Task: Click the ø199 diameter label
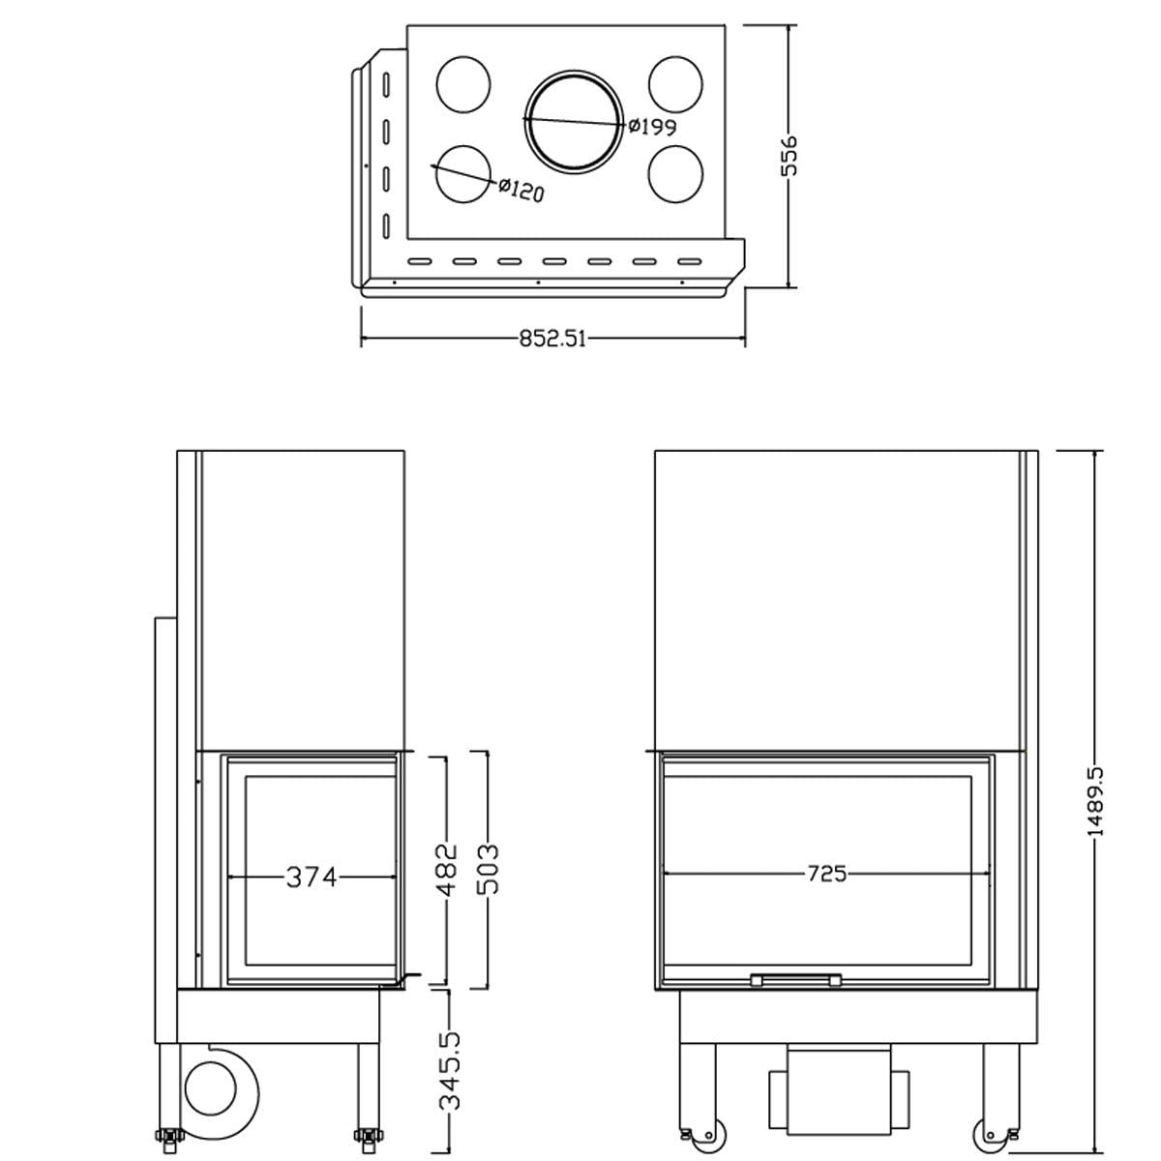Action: coord(652,127)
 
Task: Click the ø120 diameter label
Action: coord(521,190)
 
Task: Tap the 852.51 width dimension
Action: coord(552,340)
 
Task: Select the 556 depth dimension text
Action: coord(789,156)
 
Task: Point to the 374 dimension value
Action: coord(312,877)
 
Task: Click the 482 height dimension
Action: coord(448,870)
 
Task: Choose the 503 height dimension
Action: coord(488,870)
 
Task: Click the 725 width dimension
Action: coord(827,874)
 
